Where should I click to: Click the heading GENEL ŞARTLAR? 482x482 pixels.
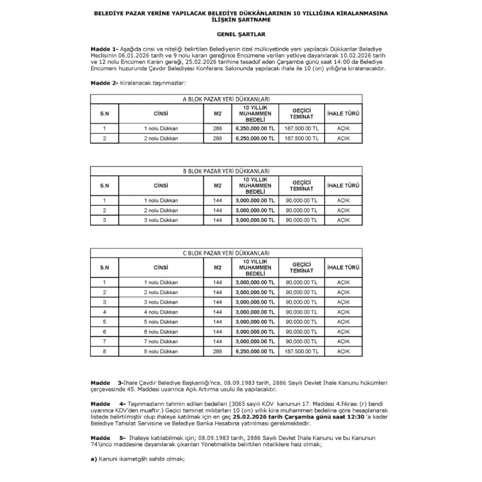pos(241,35)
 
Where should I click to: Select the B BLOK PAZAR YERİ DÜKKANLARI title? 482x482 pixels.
pos(226,171)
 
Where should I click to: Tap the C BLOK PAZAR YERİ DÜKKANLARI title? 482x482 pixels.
pos(226,253)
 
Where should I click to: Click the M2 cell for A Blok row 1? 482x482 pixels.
pos(217,129)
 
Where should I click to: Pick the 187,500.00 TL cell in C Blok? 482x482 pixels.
pos(302,351)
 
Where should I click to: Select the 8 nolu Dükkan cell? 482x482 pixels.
pos(161,351)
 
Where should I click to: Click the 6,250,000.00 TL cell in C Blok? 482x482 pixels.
pos(255,351)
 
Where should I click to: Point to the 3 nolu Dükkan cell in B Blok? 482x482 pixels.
pos(161,220)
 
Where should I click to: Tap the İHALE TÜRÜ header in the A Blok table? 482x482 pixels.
pos(343,114)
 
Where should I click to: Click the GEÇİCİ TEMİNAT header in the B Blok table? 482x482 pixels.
pos(302,186)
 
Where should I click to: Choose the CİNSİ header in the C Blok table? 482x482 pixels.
pos(161,268)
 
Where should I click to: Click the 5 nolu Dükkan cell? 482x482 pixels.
pos(161,321)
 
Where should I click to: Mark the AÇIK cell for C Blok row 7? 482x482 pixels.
pos(343,341)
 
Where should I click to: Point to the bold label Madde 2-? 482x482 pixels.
pos(104,83)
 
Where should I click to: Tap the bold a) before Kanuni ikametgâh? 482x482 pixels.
pos(94,459)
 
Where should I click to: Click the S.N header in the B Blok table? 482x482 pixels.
pos(105,186)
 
